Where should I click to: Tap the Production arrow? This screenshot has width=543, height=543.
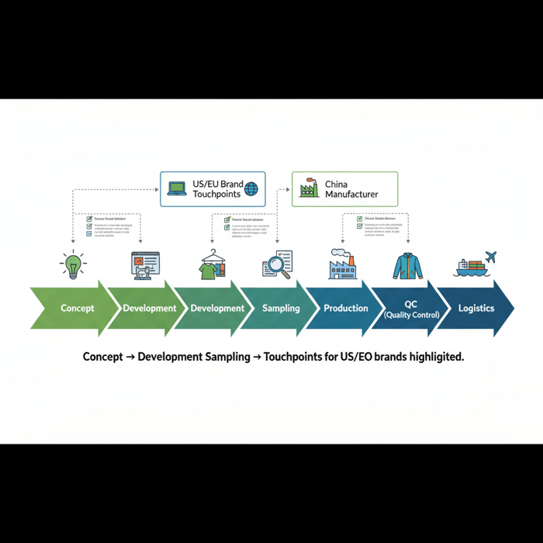coord(346,308)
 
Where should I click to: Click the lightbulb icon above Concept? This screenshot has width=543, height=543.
coord(73,265)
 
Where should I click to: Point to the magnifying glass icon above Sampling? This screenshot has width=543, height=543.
coord(276,265)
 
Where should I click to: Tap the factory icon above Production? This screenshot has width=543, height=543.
coord(341,265)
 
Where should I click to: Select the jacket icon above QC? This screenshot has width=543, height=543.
coord(407,265)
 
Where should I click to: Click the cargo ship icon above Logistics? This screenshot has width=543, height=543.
coord(470,268)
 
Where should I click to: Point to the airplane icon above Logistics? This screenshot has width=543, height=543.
coord(489,256)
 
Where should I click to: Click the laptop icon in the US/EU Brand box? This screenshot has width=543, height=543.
coord(177,188)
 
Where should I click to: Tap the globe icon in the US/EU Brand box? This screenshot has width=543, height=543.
coord(251,188)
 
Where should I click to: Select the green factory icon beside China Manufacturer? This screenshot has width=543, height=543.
coord(309,188)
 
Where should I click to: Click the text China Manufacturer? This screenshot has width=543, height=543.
coord(351,189)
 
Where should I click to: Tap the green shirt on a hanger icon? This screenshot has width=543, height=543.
coord(210,268)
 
